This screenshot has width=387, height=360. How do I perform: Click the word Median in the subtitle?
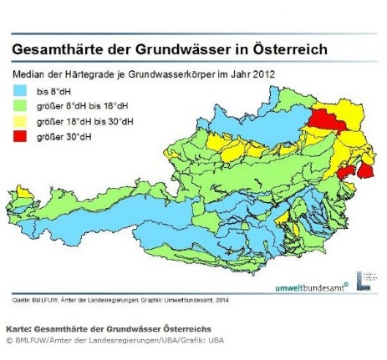[x=30, y=74]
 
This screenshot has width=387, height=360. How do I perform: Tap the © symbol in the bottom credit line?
[x=10, y=340]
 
